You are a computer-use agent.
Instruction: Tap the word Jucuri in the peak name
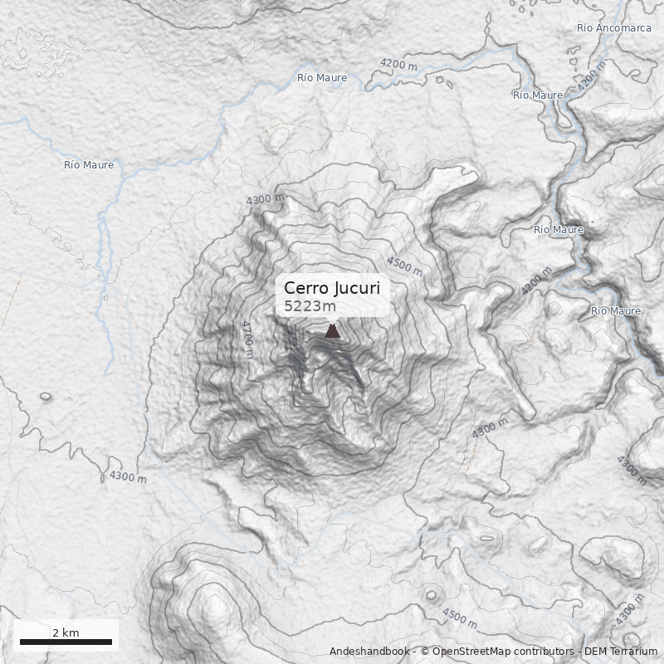coord(357,288)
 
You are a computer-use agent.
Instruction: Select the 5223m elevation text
coord(310,306)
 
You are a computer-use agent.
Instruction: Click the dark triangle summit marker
coord(332,330)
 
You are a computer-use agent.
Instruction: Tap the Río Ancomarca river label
coord(613,27)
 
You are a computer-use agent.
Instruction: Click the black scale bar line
coord(66,642)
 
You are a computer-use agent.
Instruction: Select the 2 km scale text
coord(66,632)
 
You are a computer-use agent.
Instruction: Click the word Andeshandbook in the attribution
coord(369,652)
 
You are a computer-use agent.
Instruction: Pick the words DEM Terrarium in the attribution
coord(621,652)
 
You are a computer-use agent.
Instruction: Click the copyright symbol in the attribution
coord(424,652)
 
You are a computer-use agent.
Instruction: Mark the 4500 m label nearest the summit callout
coord(404,266)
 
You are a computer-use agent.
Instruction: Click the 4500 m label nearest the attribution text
coord(459,618)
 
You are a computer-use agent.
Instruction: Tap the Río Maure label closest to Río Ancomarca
coord(537,95)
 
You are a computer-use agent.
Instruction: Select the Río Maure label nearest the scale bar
coord(89,164)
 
